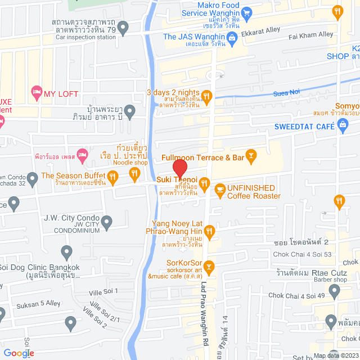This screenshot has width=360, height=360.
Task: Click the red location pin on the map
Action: tap(179, 168)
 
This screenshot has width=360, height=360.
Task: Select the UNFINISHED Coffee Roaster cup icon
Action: tap(219, 188)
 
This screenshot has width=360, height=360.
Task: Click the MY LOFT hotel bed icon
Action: tap(37, 91)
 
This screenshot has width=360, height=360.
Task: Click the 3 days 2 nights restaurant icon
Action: tap(206, 96)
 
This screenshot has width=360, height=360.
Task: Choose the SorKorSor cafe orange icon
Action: tap(209, 265)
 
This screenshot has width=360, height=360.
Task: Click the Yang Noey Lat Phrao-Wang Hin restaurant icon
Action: tap(209, 230)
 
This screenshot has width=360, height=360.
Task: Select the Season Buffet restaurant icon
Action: tap(112, 178)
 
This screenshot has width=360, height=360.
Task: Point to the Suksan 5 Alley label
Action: tap(30, 303)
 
